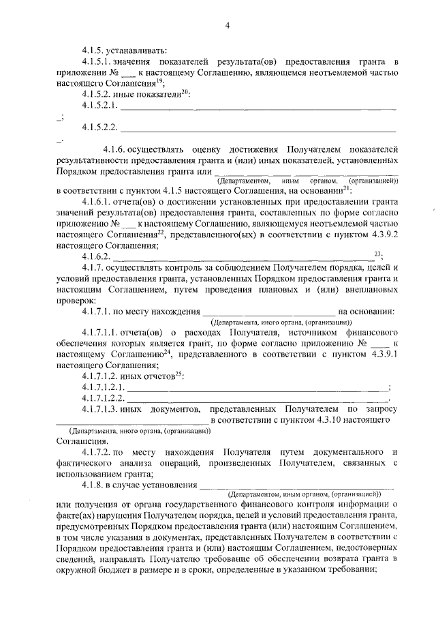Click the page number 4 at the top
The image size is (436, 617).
click(x=228, y=26)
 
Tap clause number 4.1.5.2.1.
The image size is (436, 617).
click(x=100, y=106)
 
